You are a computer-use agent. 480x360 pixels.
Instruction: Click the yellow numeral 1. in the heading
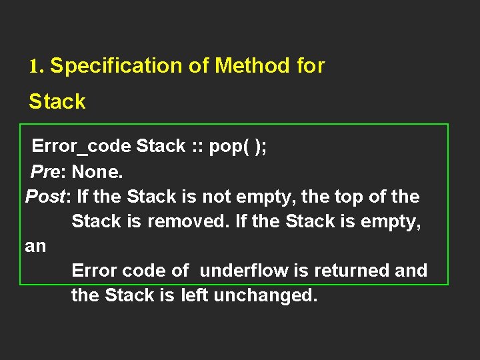(x=36, y=66)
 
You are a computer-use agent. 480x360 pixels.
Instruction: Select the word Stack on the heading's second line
(x=57, y=101)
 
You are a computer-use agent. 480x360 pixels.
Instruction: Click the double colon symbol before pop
(x=197, y=147)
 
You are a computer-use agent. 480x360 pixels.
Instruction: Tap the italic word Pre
(x=45, y=172)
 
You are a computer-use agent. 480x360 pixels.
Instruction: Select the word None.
(x=97, y=172)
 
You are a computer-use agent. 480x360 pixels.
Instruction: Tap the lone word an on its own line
(x=35, y=246)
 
